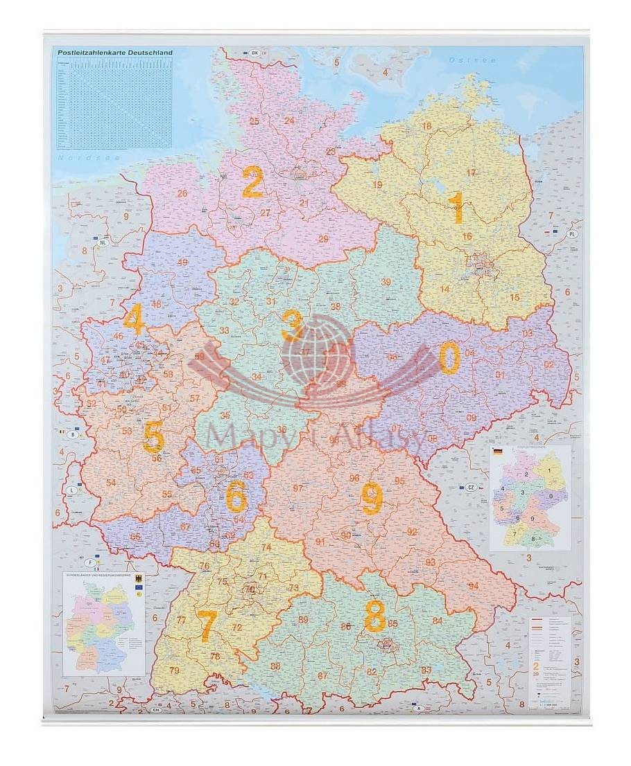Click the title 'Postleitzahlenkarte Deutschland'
point(115,53)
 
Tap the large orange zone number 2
point(252,182)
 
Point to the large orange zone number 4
point(133,321)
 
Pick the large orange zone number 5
point(153,438)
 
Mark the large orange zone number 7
point(207,625)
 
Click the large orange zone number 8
point(375,616)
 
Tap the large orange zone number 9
point(372,497)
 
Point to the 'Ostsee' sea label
point(472,60)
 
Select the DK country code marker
point(254,53)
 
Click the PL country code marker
point(573,233)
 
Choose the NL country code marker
point(103,242)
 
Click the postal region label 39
point(386,281)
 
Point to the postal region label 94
point(474,585)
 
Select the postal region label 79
point(174,670)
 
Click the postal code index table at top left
point(114,103)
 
